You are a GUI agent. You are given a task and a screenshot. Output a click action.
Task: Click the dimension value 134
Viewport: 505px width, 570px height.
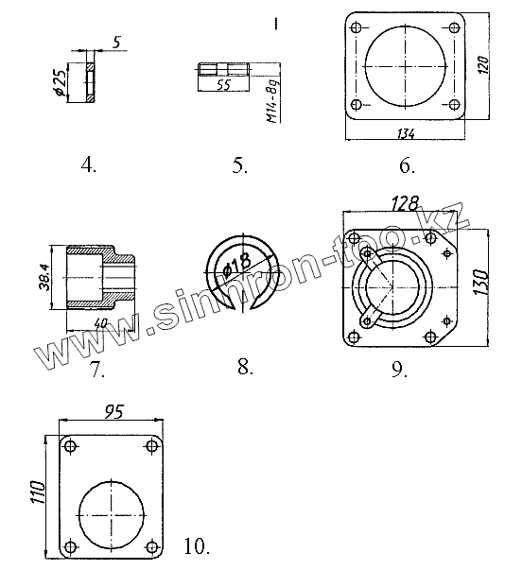pos(406,134)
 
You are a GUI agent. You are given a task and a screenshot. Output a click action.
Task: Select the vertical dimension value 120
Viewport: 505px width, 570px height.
pos(483,65)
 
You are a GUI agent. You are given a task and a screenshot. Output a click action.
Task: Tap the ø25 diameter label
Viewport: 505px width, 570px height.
pos(61,83)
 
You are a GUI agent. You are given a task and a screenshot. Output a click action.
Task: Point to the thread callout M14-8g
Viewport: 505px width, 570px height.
pos(273,102)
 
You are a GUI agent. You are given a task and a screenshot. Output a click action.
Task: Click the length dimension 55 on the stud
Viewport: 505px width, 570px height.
pos(223,85)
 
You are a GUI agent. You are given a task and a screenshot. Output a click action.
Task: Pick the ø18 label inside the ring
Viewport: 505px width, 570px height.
pos(237,266)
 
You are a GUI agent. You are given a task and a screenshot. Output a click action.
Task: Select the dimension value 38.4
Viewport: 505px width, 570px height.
pos(45,277)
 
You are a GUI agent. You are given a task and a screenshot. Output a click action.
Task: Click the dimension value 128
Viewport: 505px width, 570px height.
pos(405,204)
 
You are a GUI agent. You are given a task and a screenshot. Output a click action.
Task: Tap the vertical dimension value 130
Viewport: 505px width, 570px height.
pos(480,282)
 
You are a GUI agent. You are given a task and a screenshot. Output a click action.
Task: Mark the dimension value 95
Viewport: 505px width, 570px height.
pos(114,411)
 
